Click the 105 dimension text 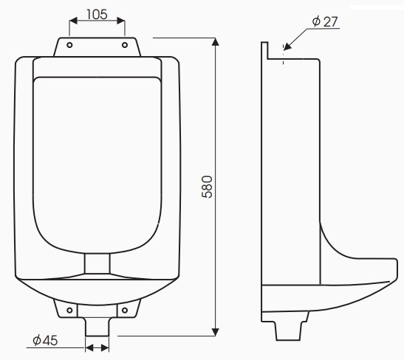pyautogui.click(x=97, y=14)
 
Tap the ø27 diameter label pyautogui.click(x=324, y=21)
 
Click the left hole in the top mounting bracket pyautogui.click(x=69, y=45)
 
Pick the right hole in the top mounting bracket pyautogui.click(x=124, y=45)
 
